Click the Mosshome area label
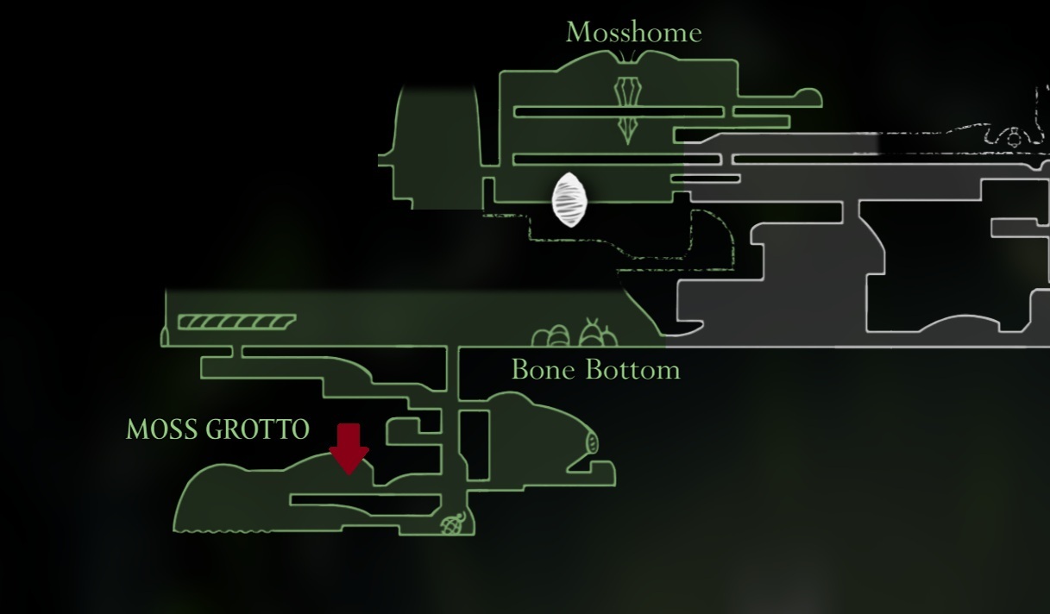[634, 33]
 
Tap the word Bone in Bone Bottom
[544, 370]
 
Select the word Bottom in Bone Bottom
[632, 370]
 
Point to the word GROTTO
[257, 429]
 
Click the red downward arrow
[349, 448]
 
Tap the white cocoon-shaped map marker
[569, 200]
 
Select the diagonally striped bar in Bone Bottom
[236, 322]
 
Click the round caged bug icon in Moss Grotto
[453, 523]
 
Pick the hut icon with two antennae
[598, 333]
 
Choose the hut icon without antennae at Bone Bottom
[551, 335]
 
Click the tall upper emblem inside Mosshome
[627, 91]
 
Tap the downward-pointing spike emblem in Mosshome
[627, 130]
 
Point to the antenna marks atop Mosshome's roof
[627, 56]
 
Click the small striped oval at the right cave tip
[592, 442]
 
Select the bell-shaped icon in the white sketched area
[1014, 137]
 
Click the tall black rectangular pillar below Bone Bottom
[475, 445]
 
